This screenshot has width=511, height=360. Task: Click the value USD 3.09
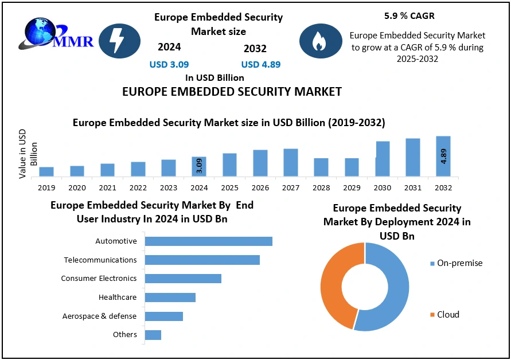169,64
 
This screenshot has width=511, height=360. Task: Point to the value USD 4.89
261,64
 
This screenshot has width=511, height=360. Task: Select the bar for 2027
291,162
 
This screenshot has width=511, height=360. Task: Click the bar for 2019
46,171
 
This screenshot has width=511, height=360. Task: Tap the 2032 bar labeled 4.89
443,156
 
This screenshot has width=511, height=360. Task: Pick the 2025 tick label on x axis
229,187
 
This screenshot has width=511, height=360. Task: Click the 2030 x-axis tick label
383,187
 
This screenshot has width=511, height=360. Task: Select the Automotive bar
208,241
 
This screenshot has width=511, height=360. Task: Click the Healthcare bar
170,297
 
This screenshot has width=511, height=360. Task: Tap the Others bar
153,335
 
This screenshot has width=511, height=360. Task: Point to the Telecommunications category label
100,260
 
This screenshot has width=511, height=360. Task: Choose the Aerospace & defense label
99,316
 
